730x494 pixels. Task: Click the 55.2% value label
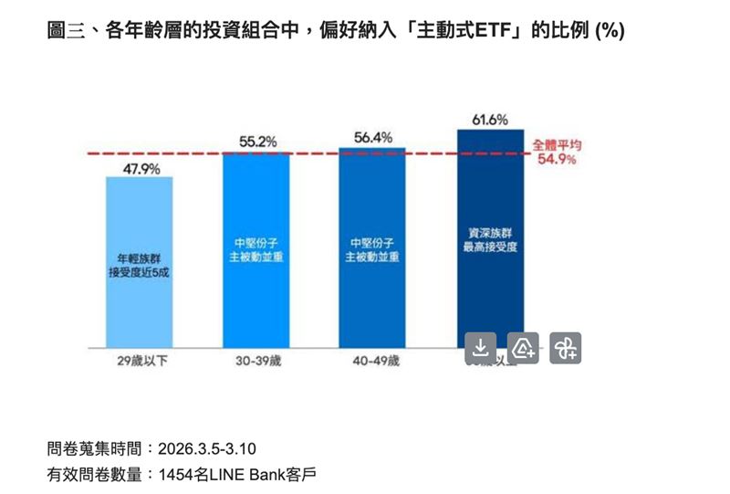(x=256, y=142)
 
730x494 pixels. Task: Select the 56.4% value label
(x=372, y=138)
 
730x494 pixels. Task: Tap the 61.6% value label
(x=490, y=120)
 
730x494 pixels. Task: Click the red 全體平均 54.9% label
(x=556, y=152)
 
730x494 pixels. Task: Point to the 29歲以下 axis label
(x=139, y=361)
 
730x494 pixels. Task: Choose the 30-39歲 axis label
(x=256, y=361)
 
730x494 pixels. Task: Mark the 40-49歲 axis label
(x=373, y=361)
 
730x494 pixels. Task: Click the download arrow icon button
(x=481, y=348)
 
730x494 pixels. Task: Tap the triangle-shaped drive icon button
(x=523, y=348)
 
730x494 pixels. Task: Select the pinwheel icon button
(x=566, y=348)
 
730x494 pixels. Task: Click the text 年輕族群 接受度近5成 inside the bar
(x=139, y=264)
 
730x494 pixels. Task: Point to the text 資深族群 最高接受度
(x=490, y=239)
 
